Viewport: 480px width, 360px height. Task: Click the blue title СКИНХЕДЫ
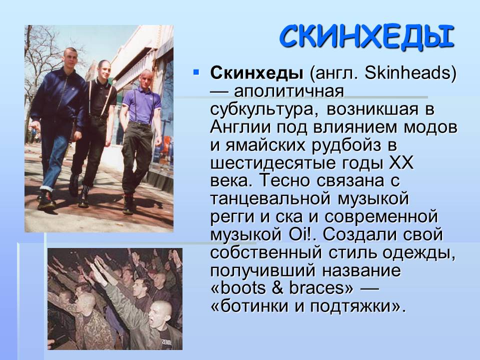tap(366, 36)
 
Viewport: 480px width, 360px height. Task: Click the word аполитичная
tap(289, 91)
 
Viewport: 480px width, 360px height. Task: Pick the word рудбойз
tap(346, 145)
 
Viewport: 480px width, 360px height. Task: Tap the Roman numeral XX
tap(401, 162)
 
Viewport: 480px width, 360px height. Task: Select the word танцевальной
tap(270, 198)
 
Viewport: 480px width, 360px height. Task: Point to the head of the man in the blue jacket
tap(70, 57)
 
